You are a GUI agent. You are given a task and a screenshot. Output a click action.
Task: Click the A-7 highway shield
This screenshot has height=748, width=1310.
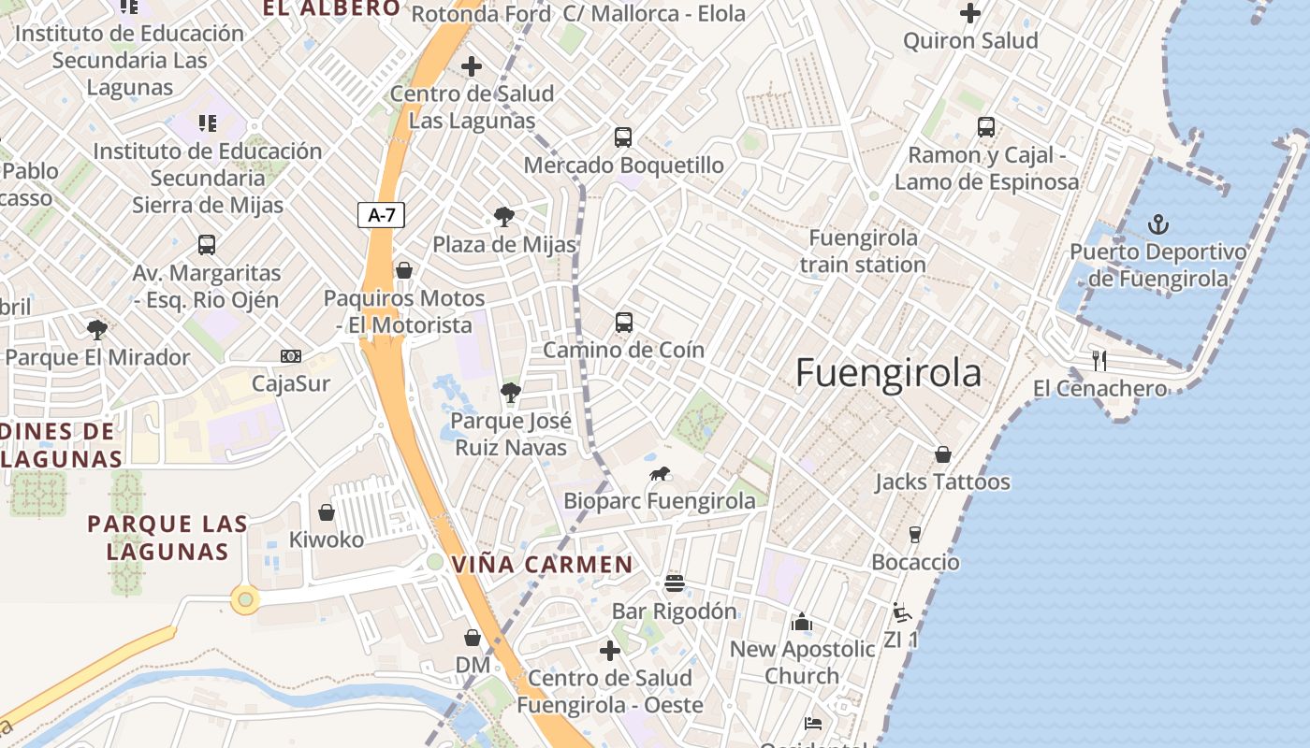click(382, 215)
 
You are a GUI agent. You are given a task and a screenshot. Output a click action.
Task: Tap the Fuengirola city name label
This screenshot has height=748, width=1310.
click(888, 372)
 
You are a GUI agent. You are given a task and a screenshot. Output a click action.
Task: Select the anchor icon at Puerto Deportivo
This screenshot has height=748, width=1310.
click(1158, 224)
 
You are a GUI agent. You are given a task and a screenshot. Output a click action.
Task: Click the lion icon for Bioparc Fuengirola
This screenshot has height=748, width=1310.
click(660, 474)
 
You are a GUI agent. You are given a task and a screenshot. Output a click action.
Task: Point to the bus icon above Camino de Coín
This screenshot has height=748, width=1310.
click(624, 323)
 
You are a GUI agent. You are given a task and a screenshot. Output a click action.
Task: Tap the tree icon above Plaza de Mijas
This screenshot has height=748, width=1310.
click(503, 217)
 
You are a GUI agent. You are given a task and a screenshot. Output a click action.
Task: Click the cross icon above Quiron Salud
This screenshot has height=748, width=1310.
click(970, 13)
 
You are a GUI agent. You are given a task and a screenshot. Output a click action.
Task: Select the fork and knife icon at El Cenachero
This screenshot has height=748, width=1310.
click(1099, 360)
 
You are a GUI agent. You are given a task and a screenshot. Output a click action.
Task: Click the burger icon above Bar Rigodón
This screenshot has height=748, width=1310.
click(675, 583)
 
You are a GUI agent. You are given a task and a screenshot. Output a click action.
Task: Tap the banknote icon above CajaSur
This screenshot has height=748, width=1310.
click(291, 356)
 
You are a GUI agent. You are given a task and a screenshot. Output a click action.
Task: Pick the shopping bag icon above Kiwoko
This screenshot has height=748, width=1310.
click(327, 512)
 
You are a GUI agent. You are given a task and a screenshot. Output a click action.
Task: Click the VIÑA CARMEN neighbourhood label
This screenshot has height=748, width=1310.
click(543, 565)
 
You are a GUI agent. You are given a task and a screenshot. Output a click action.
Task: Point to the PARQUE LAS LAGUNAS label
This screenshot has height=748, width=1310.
click(167, 538)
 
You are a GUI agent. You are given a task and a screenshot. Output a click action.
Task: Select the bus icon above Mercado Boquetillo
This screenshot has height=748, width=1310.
click(623, 137)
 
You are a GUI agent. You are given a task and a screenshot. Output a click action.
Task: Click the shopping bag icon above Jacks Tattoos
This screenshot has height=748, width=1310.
click(943, 454)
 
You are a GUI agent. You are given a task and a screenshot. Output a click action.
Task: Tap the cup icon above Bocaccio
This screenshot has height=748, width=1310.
click(915, 535)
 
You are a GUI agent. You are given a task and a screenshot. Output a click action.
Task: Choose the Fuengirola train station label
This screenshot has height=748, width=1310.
click(863, 252)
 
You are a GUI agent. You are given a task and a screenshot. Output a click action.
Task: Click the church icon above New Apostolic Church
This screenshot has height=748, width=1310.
click(802, 622)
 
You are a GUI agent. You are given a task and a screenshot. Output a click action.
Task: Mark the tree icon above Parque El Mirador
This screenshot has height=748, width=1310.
click(96, 329)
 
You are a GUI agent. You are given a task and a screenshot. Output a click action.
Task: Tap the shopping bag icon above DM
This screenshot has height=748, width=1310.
click(473, 638)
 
